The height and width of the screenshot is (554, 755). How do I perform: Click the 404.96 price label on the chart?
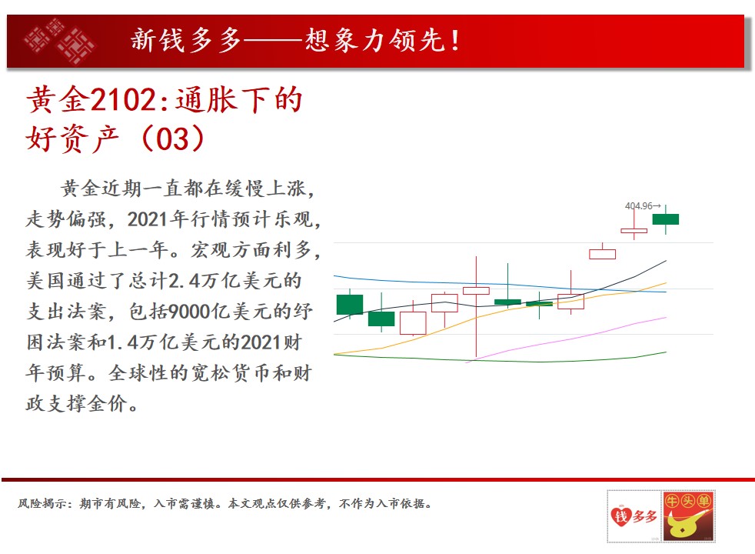639,205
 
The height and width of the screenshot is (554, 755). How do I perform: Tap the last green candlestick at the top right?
666,219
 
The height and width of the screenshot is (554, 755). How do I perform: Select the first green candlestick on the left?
350,305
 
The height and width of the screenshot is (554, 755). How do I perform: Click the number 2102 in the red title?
123,100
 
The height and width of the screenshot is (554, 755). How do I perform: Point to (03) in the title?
173,138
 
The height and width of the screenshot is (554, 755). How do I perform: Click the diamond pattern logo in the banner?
60,42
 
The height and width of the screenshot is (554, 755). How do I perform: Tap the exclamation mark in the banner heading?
455,41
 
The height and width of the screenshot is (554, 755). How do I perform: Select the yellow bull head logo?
688,516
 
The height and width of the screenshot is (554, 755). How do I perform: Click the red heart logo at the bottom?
620,516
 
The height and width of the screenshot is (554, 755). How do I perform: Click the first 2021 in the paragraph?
148,219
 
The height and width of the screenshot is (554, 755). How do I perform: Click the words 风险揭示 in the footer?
42,503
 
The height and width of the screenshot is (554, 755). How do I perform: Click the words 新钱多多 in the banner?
186,40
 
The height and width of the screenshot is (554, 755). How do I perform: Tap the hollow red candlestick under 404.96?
634,231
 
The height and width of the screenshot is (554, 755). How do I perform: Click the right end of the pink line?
667,318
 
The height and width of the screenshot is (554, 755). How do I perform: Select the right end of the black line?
667,261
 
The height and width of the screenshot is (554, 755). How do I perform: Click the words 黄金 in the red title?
58,100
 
